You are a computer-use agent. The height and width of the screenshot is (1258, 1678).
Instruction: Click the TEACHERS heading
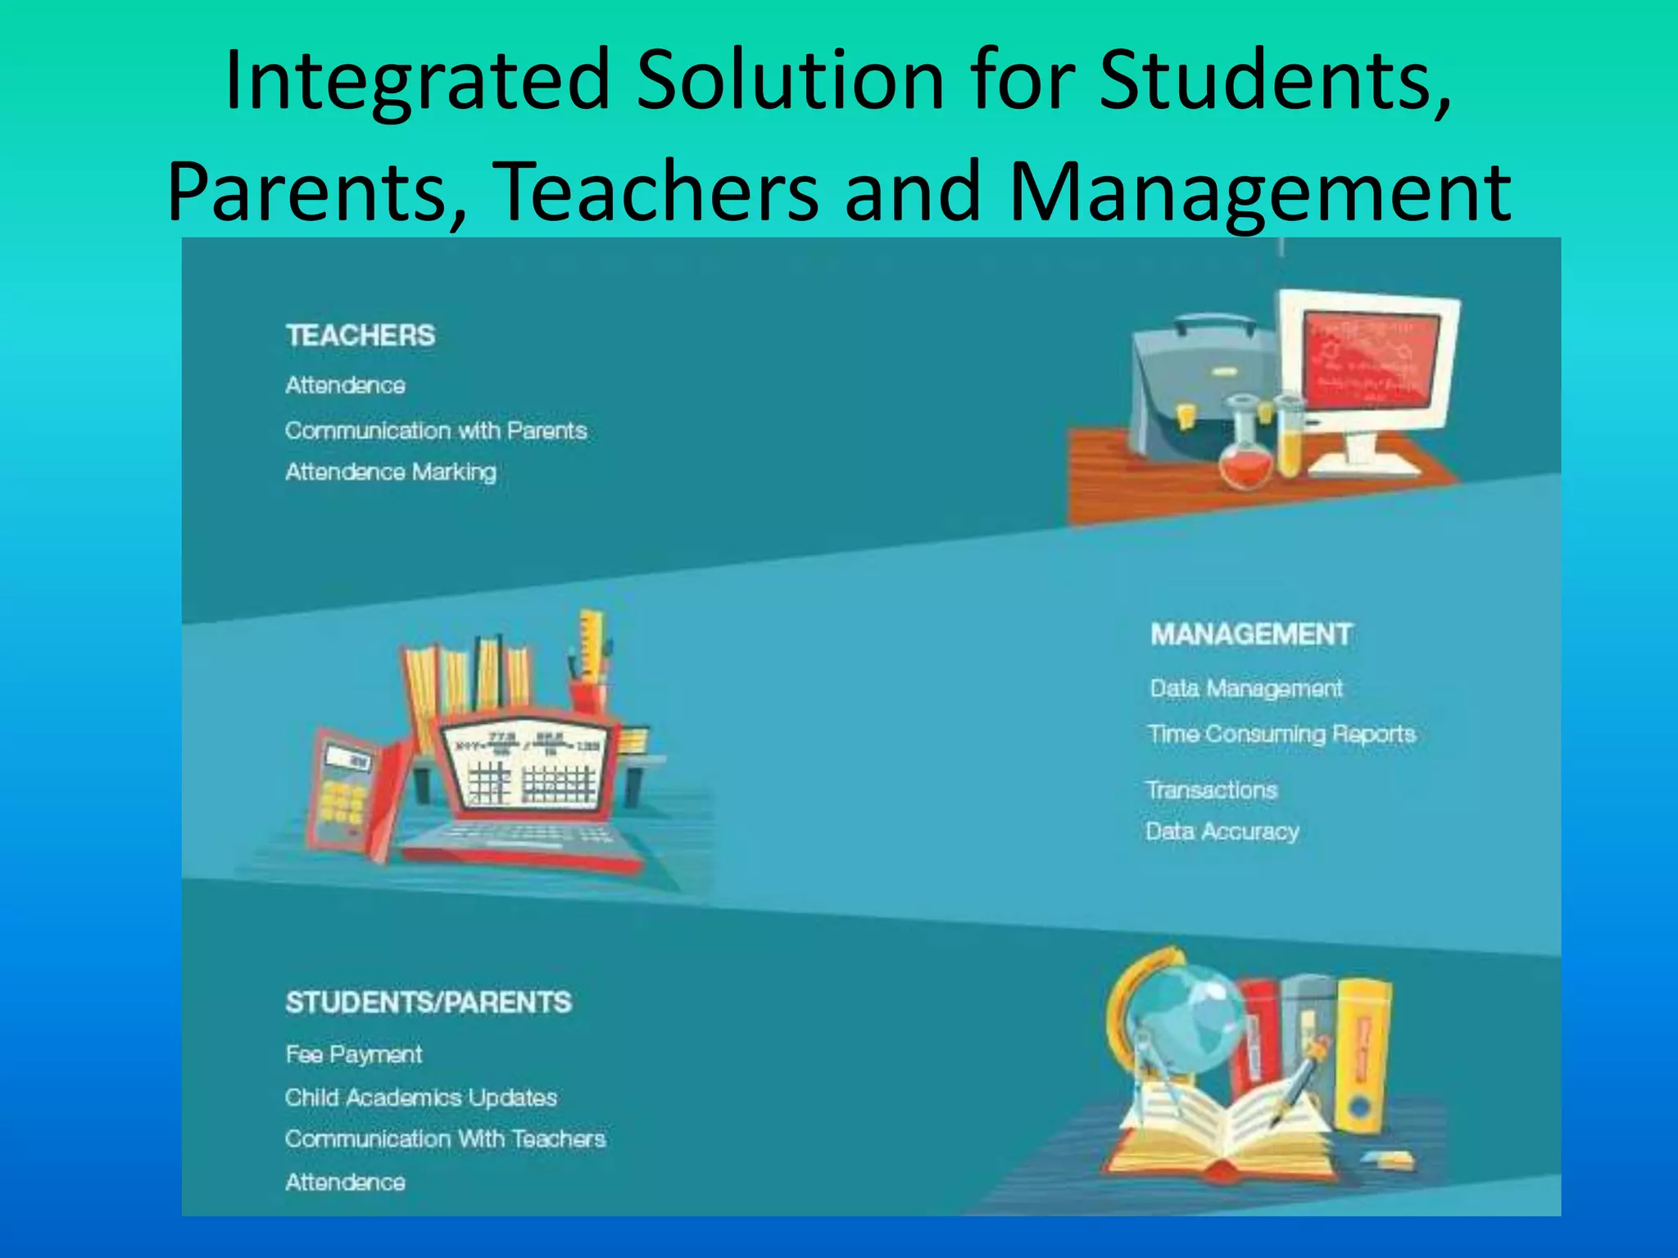click(361, 336)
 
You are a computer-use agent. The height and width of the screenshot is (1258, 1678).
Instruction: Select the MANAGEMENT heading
click(1250, 635)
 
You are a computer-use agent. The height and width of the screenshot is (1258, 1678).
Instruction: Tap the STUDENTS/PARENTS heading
click(429, 1002)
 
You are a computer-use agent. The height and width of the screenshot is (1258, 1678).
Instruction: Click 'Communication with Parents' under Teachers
click(436, 431)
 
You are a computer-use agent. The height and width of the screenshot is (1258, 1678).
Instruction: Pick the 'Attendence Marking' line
click(391, 473)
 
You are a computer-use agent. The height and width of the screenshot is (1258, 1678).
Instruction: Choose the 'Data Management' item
click(1245, 689)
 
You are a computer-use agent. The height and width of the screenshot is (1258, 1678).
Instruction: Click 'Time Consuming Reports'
click(1281, 734)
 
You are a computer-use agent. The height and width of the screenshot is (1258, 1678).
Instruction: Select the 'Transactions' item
click(1212, 790)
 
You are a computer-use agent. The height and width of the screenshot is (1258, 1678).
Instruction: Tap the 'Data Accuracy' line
click(1222, 832)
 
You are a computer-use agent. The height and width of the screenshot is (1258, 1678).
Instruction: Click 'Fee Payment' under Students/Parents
click(354, 1054)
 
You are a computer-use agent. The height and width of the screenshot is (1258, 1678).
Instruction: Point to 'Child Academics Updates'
click(421, 1097)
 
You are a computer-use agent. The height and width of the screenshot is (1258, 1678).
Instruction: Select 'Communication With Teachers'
click(445, 1139)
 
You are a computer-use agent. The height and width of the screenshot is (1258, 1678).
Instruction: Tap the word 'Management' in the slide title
click(1260, 192)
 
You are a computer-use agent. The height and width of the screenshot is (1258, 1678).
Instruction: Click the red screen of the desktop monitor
click(1368, 360)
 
